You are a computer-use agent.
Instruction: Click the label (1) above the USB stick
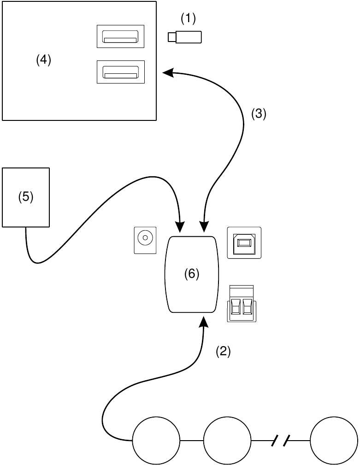coord(188,18)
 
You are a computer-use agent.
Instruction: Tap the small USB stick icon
coord(185,37)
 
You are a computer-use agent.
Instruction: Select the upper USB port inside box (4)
coord(120,36)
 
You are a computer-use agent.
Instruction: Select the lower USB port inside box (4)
coord(120,72)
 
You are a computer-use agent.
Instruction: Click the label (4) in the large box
coord(44,60)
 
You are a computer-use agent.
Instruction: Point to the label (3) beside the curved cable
coord(259,114)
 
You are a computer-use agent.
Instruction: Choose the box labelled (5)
coord(26,197)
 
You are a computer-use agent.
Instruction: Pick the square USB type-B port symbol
coord(244,243)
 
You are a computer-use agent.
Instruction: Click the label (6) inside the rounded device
coord(191,274)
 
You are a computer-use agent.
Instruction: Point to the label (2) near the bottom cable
coord(223,352)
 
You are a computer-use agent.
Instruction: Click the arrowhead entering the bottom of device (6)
coord(203,320)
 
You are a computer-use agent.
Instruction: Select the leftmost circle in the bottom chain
coord(156,441)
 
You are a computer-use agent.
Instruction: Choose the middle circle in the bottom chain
coord(227,441)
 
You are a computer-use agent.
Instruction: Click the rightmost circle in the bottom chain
coord(334,441)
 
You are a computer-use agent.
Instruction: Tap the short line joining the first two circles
coord(191,441)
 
